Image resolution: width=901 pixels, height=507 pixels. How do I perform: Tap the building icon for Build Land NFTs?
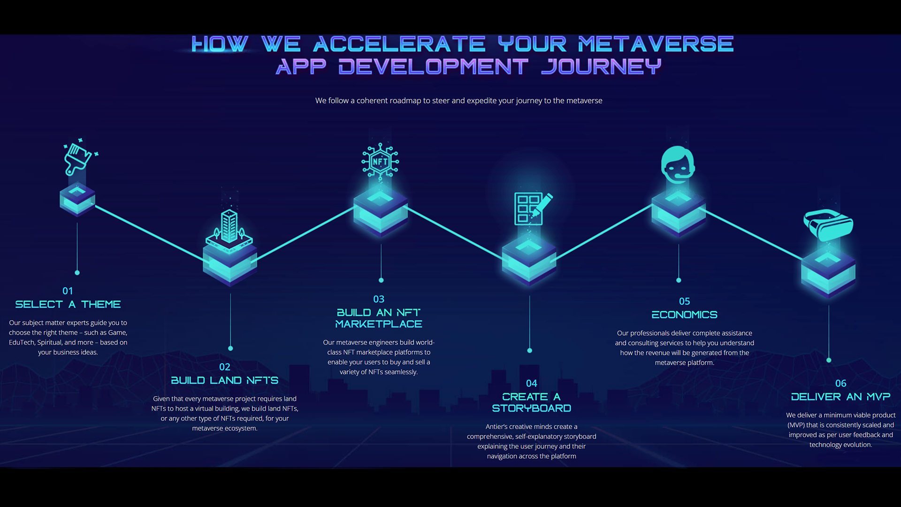[229, 227]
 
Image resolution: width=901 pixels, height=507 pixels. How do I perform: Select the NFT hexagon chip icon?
[380, 161]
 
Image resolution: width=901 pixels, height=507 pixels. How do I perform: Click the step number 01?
[68, 291]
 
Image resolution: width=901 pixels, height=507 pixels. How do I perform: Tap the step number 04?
[531, 384]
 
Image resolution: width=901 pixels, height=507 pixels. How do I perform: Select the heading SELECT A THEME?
[68, 305]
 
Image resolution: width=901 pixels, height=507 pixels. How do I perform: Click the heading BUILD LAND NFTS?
[224, 381]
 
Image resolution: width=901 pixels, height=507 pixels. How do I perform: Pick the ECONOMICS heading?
[684, 315]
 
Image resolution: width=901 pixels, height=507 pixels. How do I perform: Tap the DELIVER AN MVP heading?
[840, 397]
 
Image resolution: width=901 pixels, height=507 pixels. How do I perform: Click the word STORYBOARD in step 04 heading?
[531, 408]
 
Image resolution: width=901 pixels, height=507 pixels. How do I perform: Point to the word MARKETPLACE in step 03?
[379, 324]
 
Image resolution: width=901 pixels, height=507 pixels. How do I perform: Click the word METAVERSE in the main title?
[656, 45]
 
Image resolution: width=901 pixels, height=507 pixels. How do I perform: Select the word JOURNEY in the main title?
[601, 67]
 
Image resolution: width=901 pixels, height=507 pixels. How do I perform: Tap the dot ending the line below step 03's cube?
[381, 280]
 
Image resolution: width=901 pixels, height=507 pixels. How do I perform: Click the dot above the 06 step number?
[829, 360]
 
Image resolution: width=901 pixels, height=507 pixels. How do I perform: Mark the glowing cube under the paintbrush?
[77, 200]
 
